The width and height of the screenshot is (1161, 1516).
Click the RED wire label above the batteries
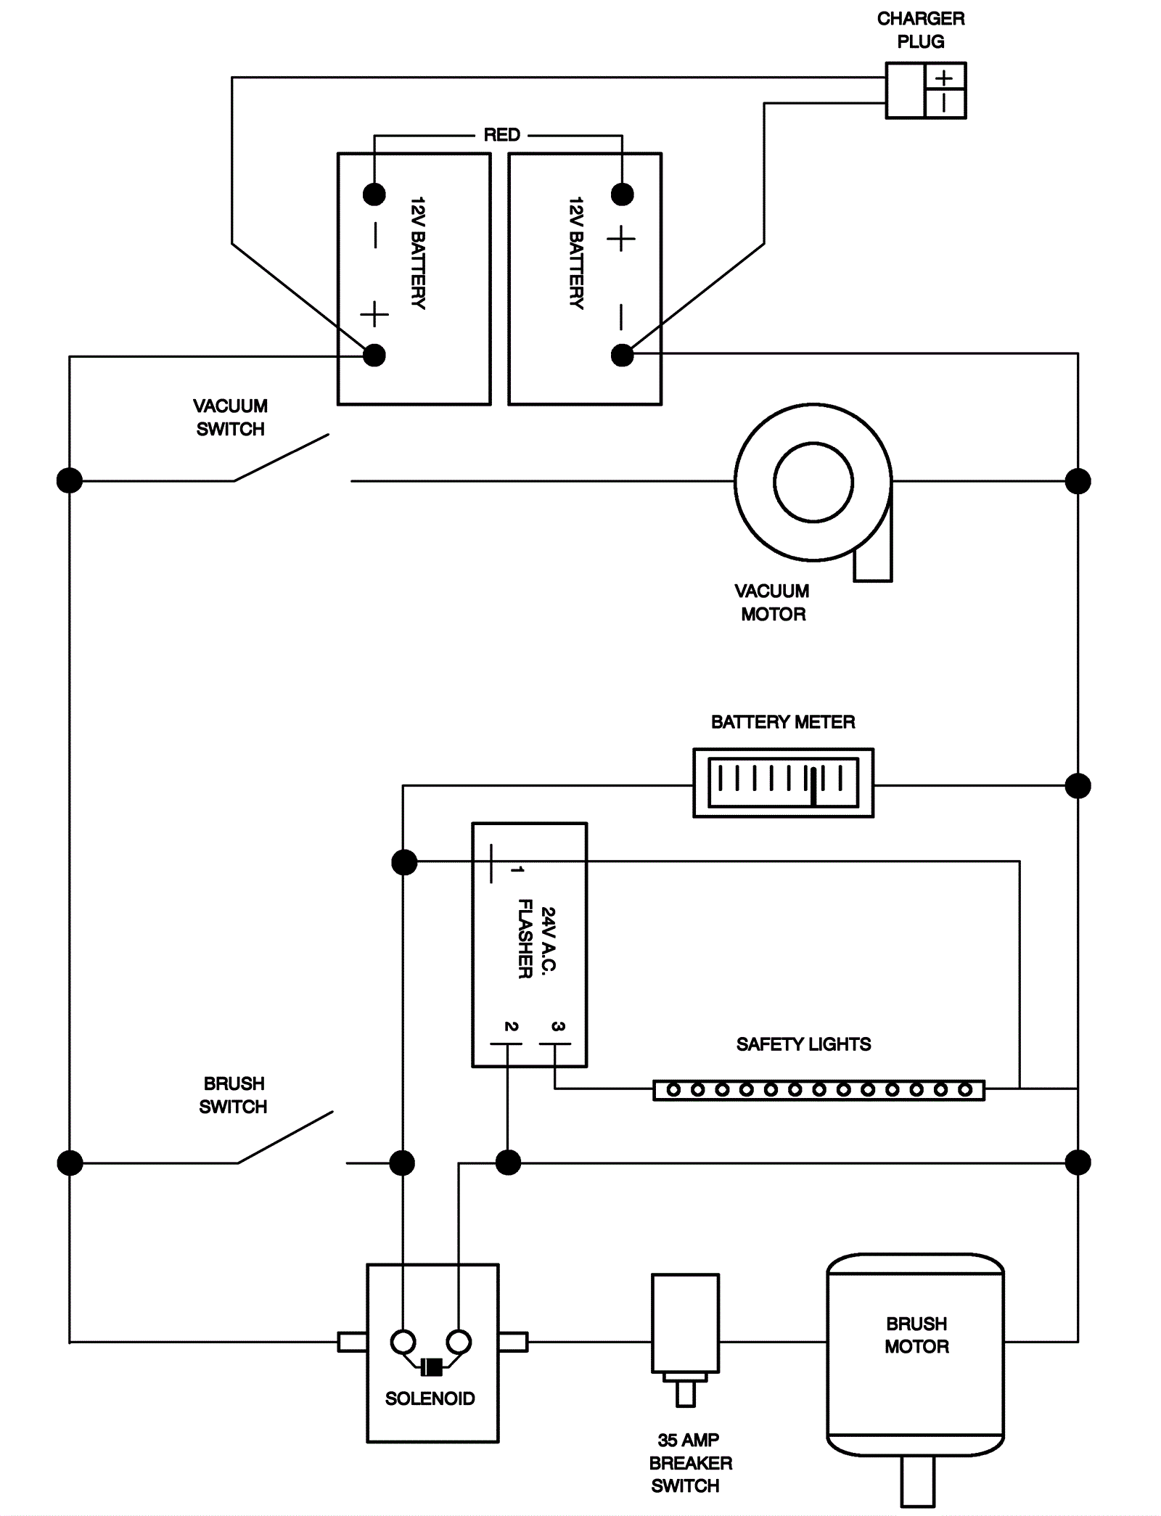[x=501, y=135]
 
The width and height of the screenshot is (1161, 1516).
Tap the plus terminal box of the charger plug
[x=944, y=78]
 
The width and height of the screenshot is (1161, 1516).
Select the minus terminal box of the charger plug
[x=944, y=104]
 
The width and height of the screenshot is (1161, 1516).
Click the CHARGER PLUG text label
[x=920, y=30]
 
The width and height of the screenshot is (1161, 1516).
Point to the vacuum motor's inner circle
[x=813, y=483]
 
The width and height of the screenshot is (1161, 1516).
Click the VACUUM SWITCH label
[x=230, y=417]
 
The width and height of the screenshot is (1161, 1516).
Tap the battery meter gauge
[x=783, y=783]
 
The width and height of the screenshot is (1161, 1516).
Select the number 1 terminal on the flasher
[x=517, y=869]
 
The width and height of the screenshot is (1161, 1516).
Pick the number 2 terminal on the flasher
[x=511, y=1026]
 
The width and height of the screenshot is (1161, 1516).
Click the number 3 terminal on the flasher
[x=557, y=1026]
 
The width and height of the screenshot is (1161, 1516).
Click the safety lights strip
[x=819, y=1090]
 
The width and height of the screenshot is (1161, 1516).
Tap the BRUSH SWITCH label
[x=233, y=1095]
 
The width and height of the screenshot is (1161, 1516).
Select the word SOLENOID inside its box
[x=430, y=1398]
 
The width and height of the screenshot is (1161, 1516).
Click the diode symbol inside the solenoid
[x=432, y=1367]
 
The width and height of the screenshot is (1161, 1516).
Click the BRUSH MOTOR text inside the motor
[x=916, y=1335]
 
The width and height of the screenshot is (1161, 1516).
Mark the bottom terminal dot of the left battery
[x=374, y=355]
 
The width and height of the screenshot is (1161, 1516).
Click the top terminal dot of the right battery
[x=622, y=194]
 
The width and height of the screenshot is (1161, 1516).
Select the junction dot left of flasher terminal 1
[x=404, y=862]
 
